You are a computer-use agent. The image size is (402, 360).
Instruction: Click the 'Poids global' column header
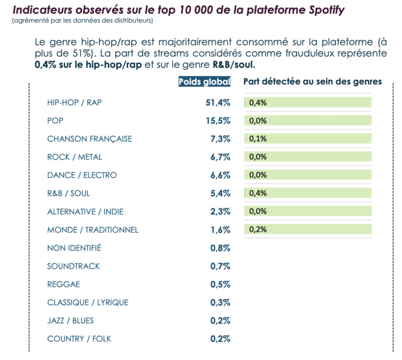[x=204, y=82]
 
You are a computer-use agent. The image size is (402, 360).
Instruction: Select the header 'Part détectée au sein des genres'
[x=312, y=82]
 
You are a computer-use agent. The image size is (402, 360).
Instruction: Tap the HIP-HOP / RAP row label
[x=74, y=103]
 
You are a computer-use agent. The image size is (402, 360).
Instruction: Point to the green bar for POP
[x=309, y=121]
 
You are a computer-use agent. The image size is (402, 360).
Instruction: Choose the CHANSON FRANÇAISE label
[x=89, y=139]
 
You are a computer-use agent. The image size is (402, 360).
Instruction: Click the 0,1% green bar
[x=309, y=139]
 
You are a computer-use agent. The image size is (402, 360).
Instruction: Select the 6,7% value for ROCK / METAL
[x=220, y=157]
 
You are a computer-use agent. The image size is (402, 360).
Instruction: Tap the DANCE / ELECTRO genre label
[x=82, y=175]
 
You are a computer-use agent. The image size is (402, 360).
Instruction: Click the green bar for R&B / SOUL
[x=309, y=193]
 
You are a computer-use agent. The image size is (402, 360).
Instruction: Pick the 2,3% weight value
[x=220, y=211]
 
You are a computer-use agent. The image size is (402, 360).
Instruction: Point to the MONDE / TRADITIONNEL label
[x=93, y=230]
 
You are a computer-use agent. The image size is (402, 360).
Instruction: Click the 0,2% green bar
[x=309, y=229]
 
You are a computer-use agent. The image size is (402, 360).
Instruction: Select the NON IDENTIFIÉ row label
[x=74, y=248]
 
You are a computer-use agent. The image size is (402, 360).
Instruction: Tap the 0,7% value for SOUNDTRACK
[x=220, y=266]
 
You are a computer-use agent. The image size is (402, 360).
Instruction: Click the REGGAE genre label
[x=64, y=284]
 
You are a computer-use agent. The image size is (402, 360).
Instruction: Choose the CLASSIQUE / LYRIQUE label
[x=88, y=302]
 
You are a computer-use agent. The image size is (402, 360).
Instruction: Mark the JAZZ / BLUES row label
[x=70, y=320]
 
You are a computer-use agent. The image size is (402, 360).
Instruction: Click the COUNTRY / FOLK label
[x=79, y=338]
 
